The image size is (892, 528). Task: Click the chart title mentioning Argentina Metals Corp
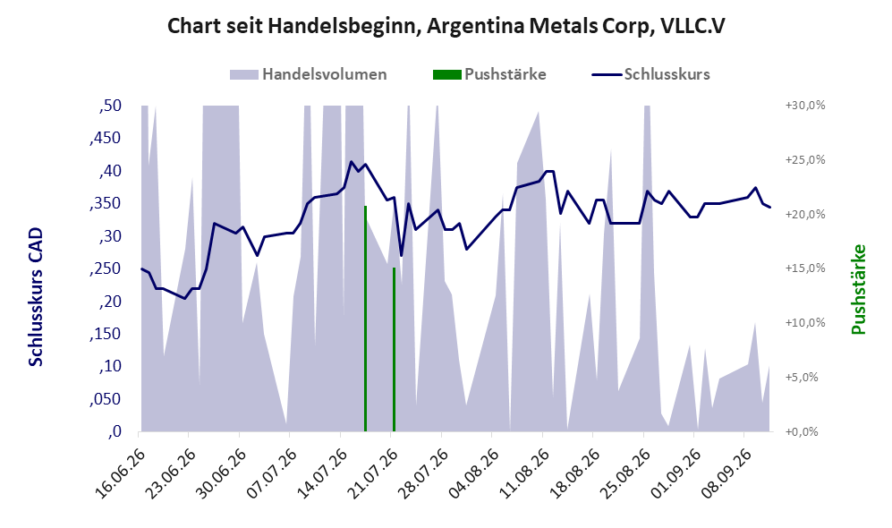coord(446,26)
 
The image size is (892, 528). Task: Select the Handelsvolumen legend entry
coord(309,74)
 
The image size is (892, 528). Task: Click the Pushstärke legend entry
coord(489,74)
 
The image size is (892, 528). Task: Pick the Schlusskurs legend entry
coord(650,74)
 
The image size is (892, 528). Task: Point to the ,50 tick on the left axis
coord(110,106)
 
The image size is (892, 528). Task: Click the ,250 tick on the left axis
coord(106,268)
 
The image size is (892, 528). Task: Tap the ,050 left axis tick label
coord(106,399)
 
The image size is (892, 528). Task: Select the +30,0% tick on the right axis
coord(805,106)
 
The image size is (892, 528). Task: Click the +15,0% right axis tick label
coord(805,268)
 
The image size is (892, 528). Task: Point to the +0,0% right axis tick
coord(802,432)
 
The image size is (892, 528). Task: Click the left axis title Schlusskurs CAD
coord(36,297)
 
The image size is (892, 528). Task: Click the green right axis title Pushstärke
coord(858,289)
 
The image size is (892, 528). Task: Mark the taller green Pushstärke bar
coord(365,319)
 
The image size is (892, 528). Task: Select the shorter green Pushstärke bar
coord(394,349)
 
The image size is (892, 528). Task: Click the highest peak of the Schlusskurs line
coord(351,162)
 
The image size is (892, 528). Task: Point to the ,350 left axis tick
coord(106,203)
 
